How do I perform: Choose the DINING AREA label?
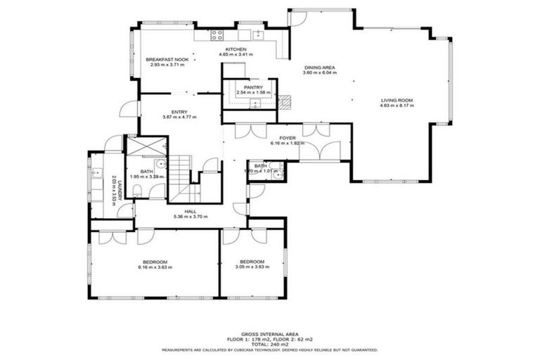pyautogui.click(x=319, y=67)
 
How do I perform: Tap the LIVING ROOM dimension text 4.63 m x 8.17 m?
pyautogui.click(x=397, y=106)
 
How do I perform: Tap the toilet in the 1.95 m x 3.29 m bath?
pyautogui.click(x=138, y=191)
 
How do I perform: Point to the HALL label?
pyautogui.click(x=191, y=211)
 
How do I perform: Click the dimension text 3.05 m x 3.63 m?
pyautogui.click(x=252, y=267)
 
